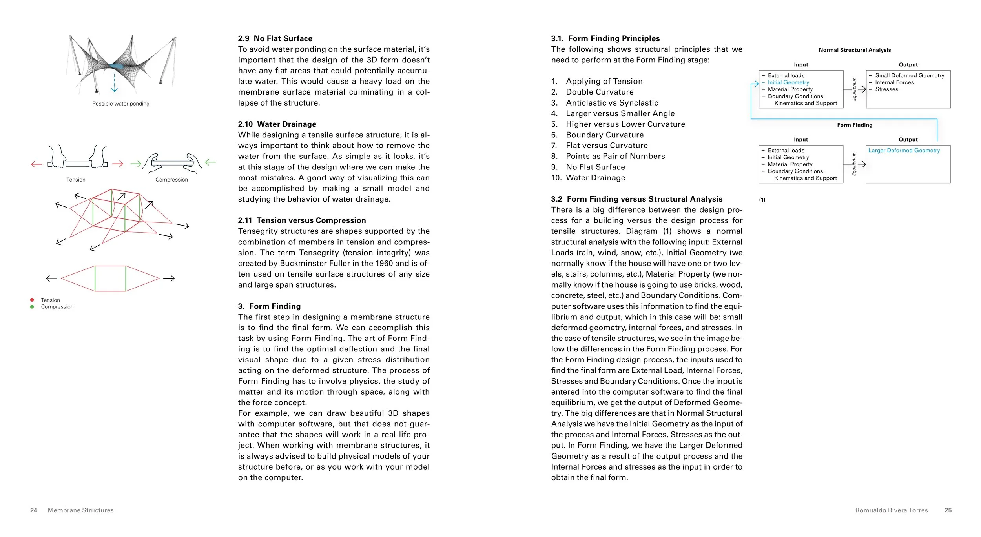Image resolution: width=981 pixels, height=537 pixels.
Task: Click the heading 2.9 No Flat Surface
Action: [x=275, y=38]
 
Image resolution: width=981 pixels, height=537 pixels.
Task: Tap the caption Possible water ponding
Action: [x=120, y=104]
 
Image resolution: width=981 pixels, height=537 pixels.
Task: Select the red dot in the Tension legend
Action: [x=32, y=300]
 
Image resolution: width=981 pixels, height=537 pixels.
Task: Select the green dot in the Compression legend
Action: [x=32, y=307]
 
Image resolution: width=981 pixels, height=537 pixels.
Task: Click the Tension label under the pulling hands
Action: [x=76, y=180]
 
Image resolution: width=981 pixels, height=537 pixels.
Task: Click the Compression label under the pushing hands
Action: [x=171, y=180]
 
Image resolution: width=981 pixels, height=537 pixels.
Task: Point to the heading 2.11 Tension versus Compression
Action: [x=301, y=220]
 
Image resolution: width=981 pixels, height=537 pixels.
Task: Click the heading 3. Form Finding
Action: [x=269, y=306]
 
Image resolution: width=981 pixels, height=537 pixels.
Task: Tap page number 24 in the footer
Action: [x=34, y=510]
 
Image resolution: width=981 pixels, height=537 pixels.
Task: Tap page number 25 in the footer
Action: [x=948, y=510]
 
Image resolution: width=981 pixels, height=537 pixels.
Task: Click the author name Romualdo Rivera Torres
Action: [x=891, y=510]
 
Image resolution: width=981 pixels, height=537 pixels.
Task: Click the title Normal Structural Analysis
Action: [x=854, y=50]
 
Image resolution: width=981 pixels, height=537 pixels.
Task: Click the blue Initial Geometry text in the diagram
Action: [x=788, y=82]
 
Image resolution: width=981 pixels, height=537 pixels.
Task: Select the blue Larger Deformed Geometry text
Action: [x=904, y=150]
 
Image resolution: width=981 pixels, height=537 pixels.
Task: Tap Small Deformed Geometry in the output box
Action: [x=909, y=75]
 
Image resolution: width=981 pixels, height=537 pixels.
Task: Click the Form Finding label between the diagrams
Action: [x=854, y=125]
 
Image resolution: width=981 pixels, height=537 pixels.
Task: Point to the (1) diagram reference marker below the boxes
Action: [x=762, y=200]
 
